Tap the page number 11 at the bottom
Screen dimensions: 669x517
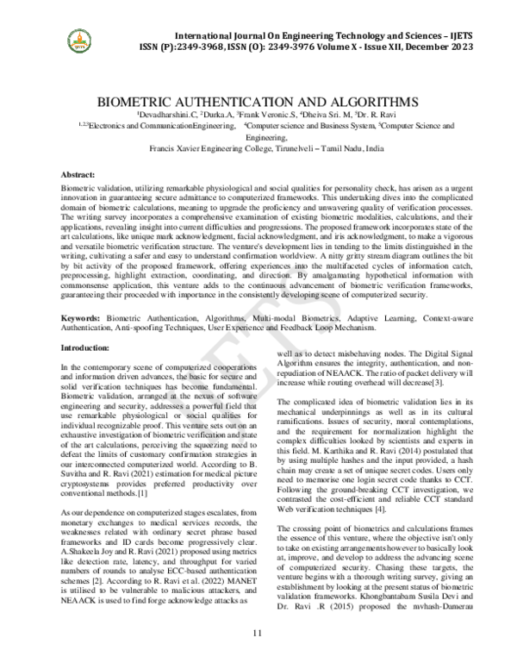pyautogui.click(x=257, y=634)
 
